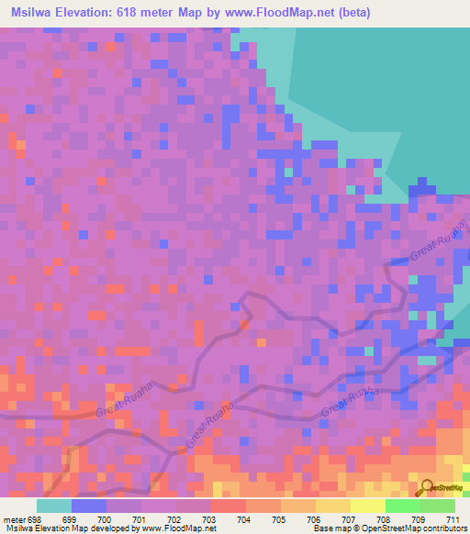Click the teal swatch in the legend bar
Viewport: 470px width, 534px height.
coord(53,506)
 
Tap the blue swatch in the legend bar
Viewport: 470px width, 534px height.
coord(88,506)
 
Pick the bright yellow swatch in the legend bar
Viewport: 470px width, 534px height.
coord(367,506)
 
